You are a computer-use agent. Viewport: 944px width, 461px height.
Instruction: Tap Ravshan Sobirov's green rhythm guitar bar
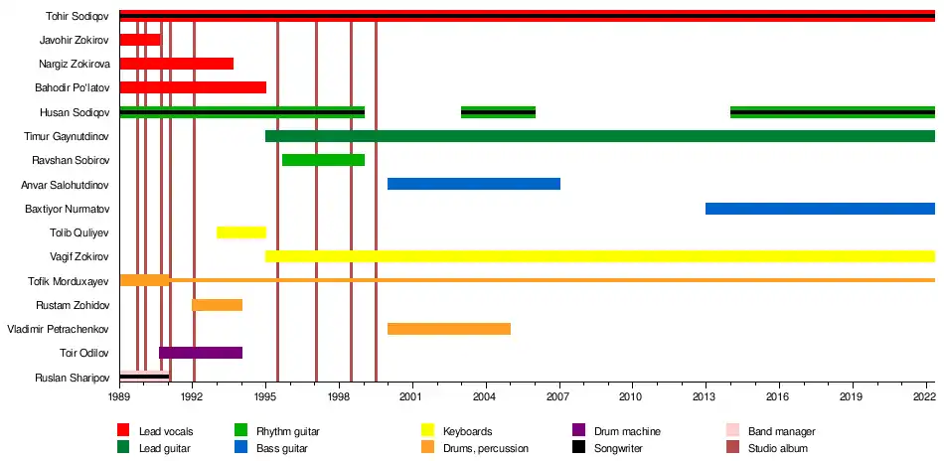point(323,160)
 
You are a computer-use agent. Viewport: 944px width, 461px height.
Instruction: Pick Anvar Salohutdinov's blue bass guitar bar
point(473,184)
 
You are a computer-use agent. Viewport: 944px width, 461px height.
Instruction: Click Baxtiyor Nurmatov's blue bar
point(820,209)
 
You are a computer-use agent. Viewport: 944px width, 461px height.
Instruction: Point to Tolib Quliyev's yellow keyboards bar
point(240,232)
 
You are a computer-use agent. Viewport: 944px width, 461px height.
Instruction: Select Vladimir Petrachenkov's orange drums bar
point(448,329)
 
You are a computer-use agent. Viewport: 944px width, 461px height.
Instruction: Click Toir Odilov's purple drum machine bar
point(201,353)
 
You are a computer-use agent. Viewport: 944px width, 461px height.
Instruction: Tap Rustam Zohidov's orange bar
point(217,305)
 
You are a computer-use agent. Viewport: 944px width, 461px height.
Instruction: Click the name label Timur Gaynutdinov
point(66,136)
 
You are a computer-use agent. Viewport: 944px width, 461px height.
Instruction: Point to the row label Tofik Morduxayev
point(66,281)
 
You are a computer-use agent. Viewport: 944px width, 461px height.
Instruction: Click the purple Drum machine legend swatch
point(579,431)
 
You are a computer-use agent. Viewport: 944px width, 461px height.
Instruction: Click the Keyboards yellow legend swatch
point(428,431)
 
